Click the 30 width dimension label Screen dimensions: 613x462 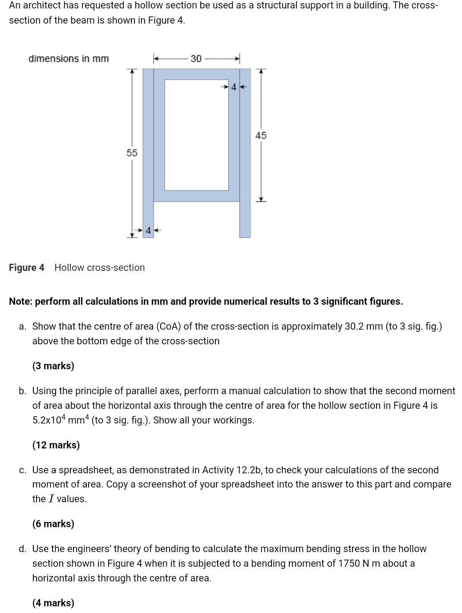196,59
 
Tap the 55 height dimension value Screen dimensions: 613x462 132,153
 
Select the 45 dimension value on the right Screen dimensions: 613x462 261,136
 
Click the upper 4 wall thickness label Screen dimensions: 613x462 234,87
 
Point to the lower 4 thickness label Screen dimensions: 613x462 148,230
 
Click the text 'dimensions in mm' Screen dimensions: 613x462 69,59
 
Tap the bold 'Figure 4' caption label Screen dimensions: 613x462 27,268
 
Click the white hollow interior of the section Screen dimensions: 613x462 196,135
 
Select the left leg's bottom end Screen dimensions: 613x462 148,235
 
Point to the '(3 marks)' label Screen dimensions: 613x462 53,366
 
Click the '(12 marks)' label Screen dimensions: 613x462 56,445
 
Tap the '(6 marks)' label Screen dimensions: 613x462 53,524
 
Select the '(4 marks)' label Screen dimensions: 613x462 53,603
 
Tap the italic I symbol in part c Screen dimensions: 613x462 51,499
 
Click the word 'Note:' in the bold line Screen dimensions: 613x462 20,302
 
